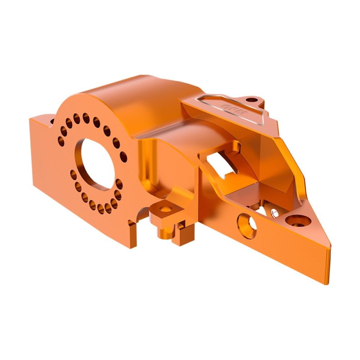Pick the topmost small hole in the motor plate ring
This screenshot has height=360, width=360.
[x=86, y=117]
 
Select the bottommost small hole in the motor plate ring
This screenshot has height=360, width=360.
[x=108, y=210]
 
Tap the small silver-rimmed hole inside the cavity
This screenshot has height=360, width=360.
[x=275, y=213]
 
